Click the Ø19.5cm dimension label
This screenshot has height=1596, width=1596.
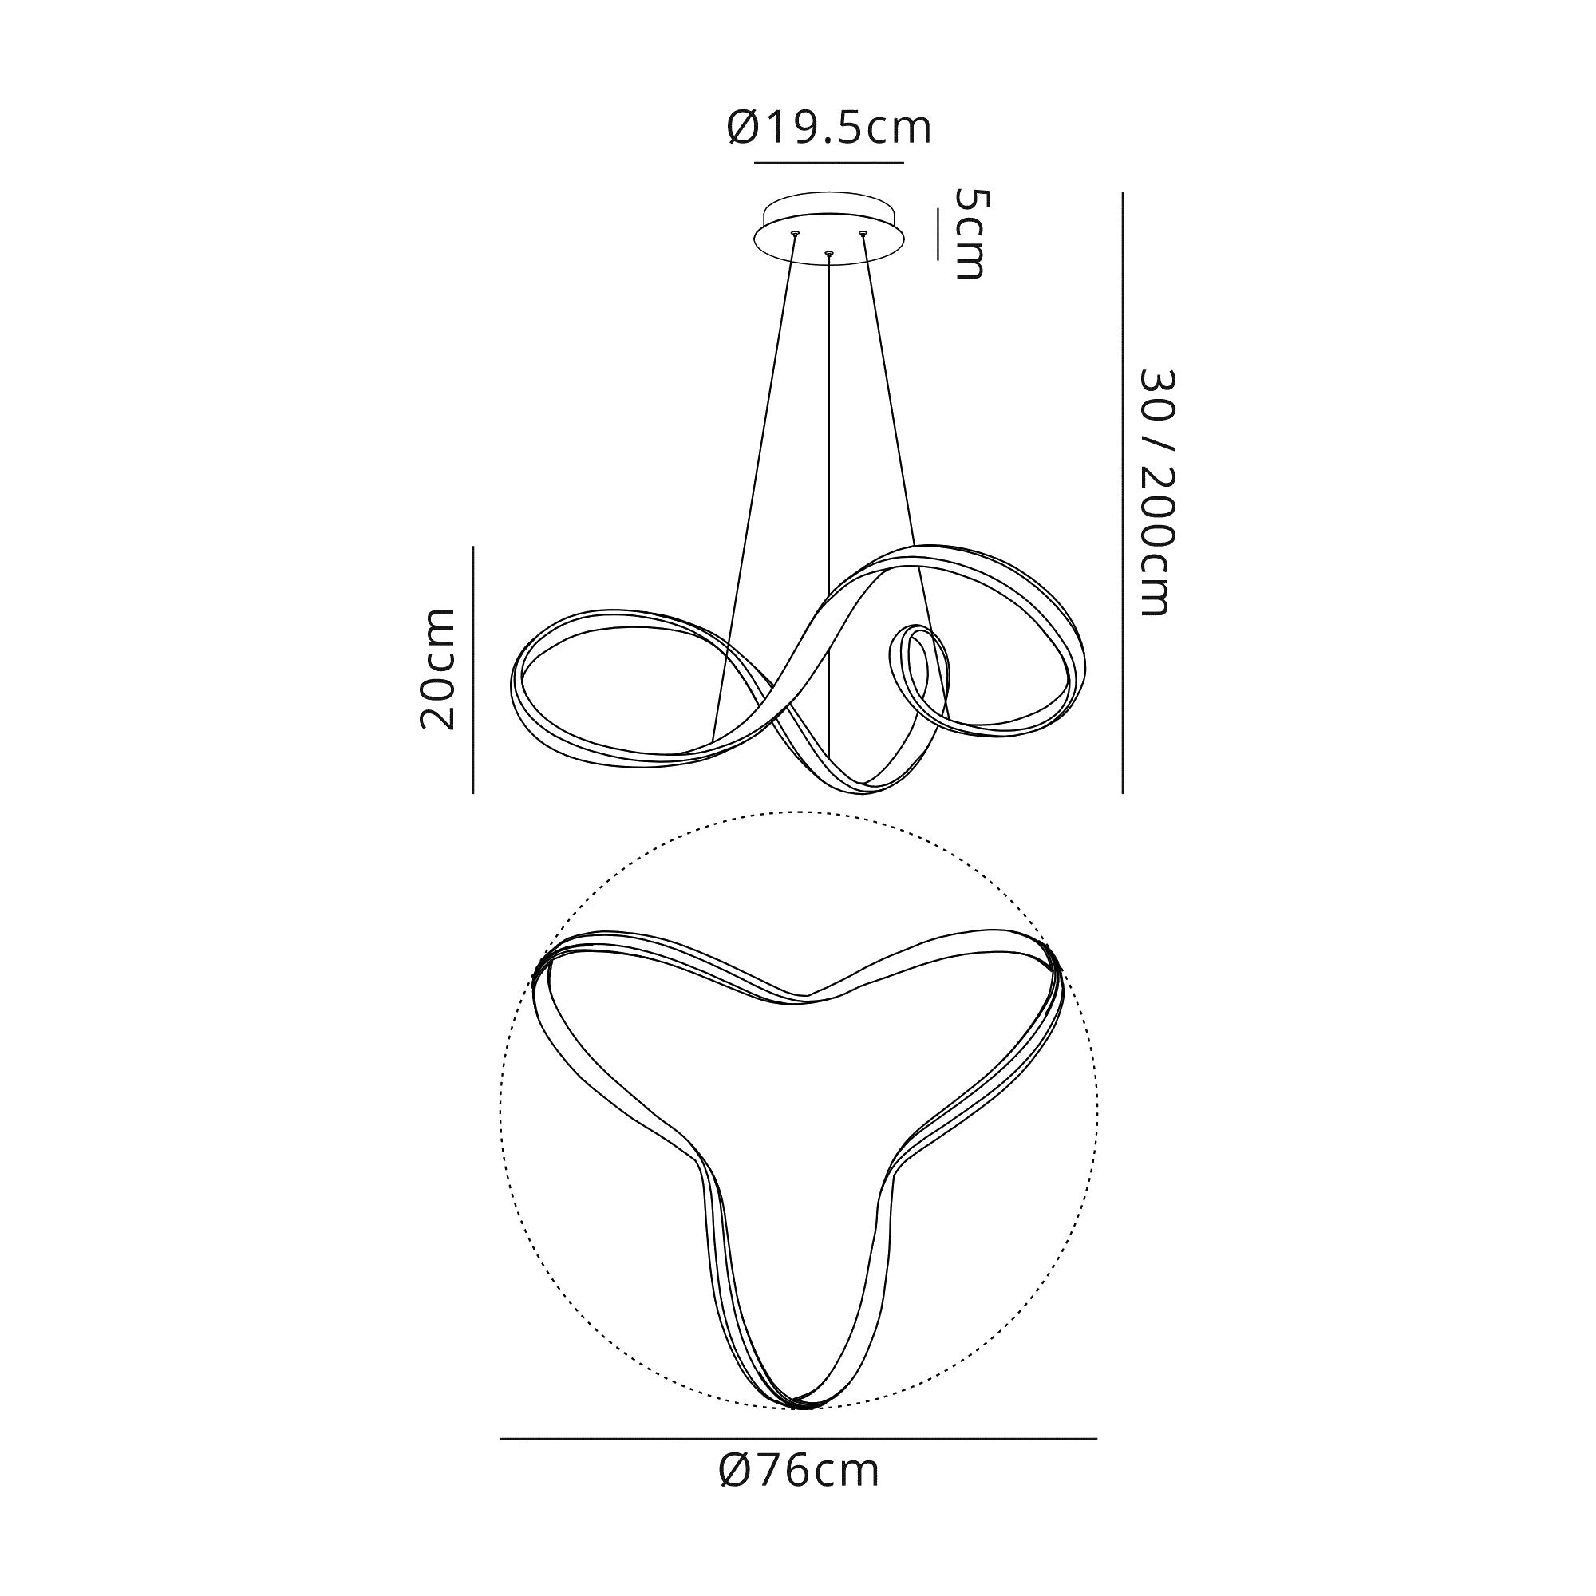pos(829,128)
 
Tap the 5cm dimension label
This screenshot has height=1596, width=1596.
pos(969,234)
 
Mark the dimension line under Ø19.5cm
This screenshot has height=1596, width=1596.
pos(828,163)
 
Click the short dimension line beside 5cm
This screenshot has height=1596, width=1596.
pos(938,235)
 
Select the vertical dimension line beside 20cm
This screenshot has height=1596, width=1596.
pos(473,670)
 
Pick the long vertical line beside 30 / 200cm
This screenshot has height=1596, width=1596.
pos(1123,492)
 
